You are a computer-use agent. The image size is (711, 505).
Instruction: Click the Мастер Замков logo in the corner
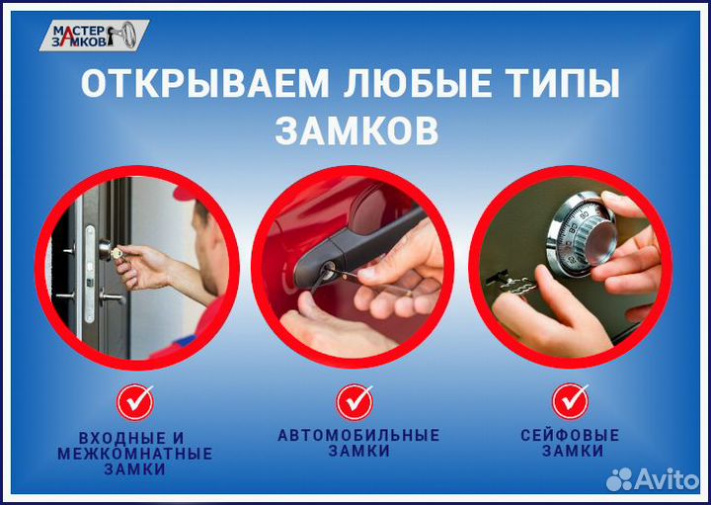[100, 36]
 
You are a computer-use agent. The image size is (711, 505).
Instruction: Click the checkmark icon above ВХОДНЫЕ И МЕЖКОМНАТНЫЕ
[134, 402]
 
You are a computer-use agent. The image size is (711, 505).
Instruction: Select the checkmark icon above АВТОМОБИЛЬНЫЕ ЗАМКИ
[355, 402]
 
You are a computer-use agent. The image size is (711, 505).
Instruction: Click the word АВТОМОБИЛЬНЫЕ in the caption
[358, 435]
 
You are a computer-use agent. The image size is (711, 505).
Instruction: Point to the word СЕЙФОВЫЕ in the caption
[570, 435]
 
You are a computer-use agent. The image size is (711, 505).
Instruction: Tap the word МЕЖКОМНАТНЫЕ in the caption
[134, 454]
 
